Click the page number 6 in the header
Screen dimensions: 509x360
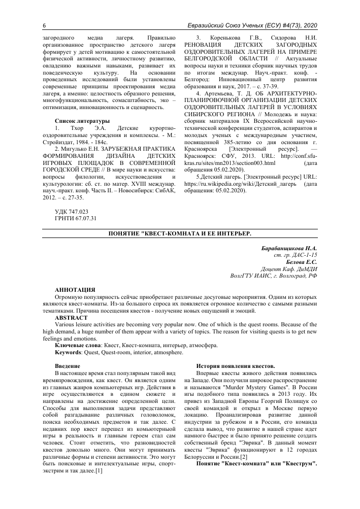coord(30,26)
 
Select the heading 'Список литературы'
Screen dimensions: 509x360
coord(82,121)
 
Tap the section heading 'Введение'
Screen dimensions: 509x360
coord(67,365)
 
